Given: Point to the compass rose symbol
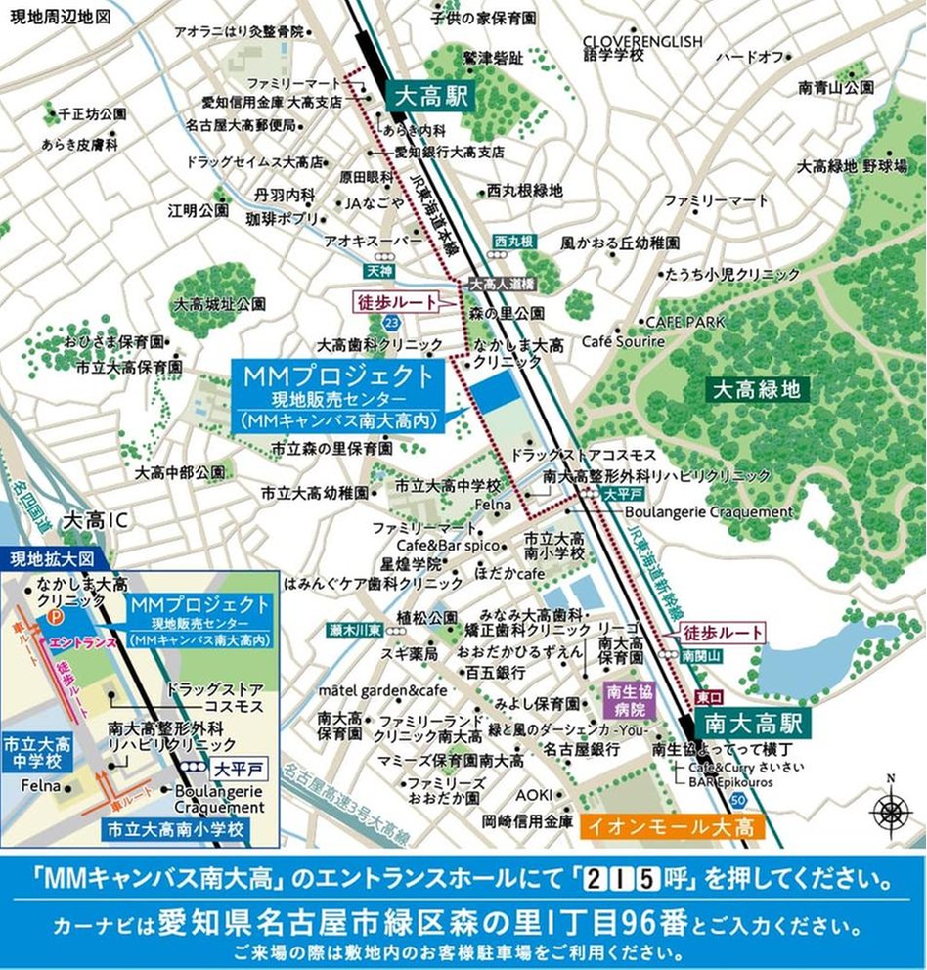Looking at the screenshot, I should click(889, 811).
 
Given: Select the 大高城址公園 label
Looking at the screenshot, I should click(219, 304).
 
